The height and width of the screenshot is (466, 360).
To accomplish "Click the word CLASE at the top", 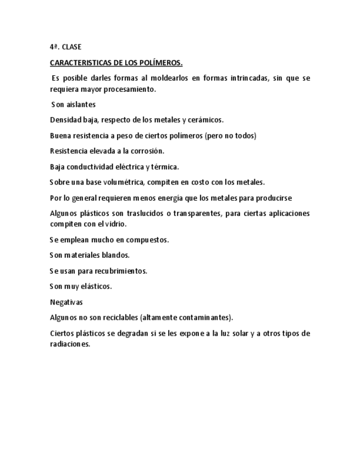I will [x=71, y=47].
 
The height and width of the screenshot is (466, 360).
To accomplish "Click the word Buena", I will [x=59, y=136].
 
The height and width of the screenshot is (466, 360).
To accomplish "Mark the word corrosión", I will [x=146, y=151].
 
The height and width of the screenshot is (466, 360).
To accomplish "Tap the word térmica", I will [x=165, y=167].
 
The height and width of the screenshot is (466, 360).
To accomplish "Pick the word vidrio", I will [x=115, y=224].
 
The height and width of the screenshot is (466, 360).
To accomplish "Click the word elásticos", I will [x=97, y=286].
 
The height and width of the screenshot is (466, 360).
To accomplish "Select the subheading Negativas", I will [x=66, y=302].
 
